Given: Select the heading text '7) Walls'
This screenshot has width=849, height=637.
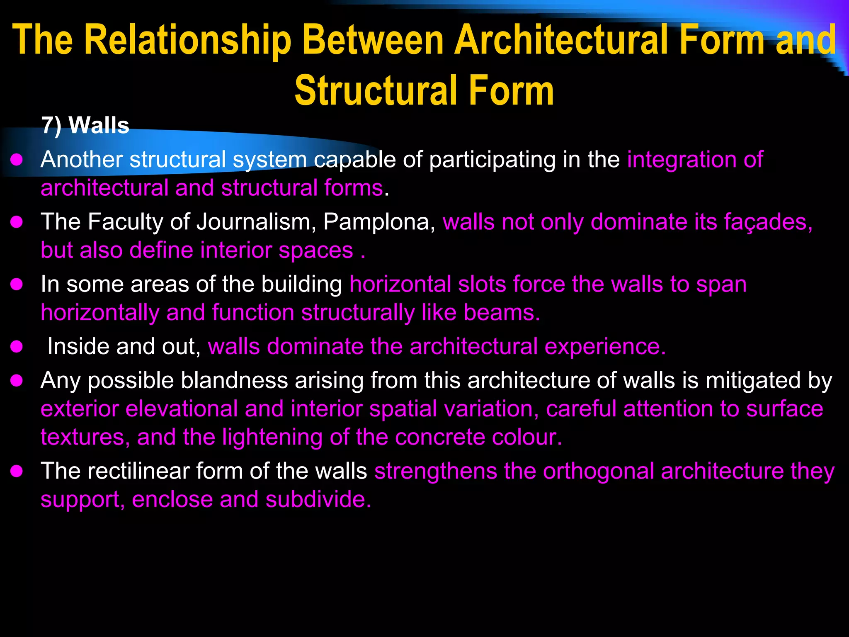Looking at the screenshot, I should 85,125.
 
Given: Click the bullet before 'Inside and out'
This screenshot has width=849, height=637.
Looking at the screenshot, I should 17,347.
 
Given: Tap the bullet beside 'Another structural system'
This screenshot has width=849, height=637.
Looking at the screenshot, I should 17,160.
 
